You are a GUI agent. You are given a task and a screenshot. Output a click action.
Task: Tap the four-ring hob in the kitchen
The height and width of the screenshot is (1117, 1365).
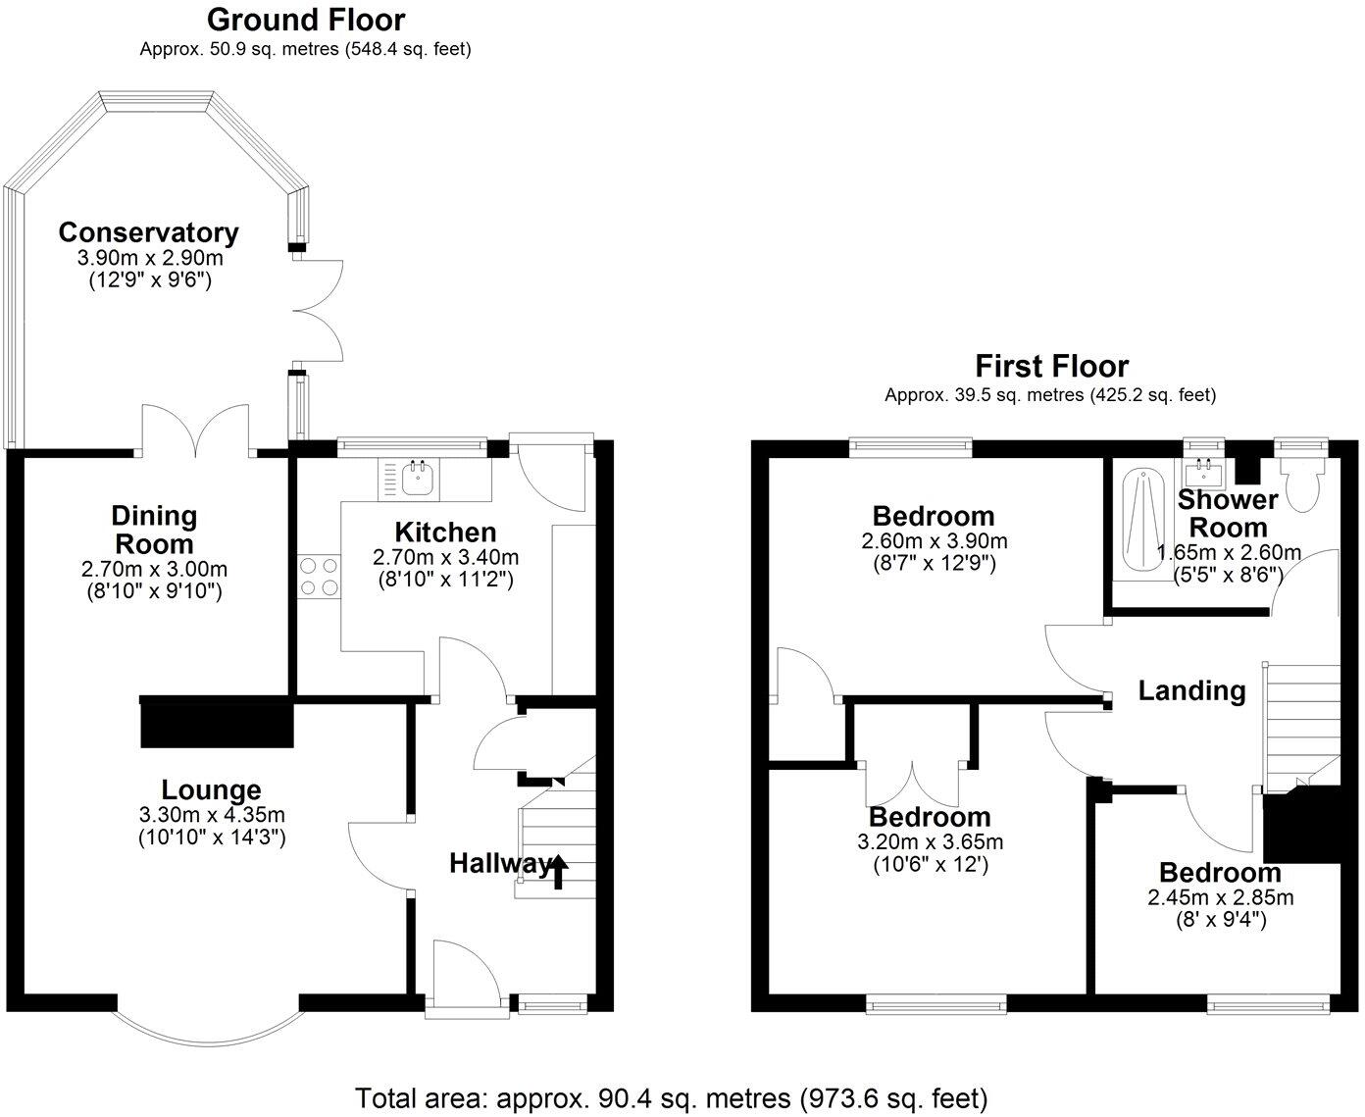click(x=319, y=576)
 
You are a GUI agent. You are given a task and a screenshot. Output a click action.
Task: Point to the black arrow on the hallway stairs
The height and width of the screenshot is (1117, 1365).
click(x=559, y=870)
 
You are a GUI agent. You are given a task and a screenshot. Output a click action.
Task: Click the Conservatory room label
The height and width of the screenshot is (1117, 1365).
click(x=148, y=233)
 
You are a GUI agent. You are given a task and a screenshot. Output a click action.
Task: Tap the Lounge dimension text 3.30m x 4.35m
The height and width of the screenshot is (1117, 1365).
click(x=212, y=815)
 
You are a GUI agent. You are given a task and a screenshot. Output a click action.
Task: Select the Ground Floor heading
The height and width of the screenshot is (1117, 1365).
click(x=306, y=19)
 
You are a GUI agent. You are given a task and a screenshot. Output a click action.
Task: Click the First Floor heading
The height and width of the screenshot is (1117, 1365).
click(x=1051, y=366)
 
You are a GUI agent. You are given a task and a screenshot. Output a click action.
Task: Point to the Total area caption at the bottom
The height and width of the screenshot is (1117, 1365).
click(x=671, y=1096)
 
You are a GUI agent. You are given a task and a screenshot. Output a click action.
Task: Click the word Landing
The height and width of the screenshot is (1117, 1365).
click(x=1191, y=690)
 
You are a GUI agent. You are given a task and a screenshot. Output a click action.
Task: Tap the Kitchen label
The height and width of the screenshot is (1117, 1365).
click(x=445, y=533)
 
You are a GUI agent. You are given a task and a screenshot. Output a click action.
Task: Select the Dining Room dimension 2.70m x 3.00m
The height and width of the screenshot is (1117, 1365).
click(x=154, y=569)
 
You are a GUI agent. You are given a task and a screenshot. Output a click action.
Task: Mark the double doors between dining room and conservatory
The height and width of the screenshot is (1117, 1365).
click(x=196, y=432)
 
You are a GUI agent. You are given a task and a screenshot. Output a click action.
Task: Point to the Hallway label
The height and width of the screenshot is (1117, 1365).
click(x=499, y=864)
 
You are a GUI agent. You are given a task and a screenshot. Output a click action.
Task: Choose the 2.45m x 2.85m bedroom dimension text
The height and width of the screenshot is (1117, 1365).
click(x=1220, y=897)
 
